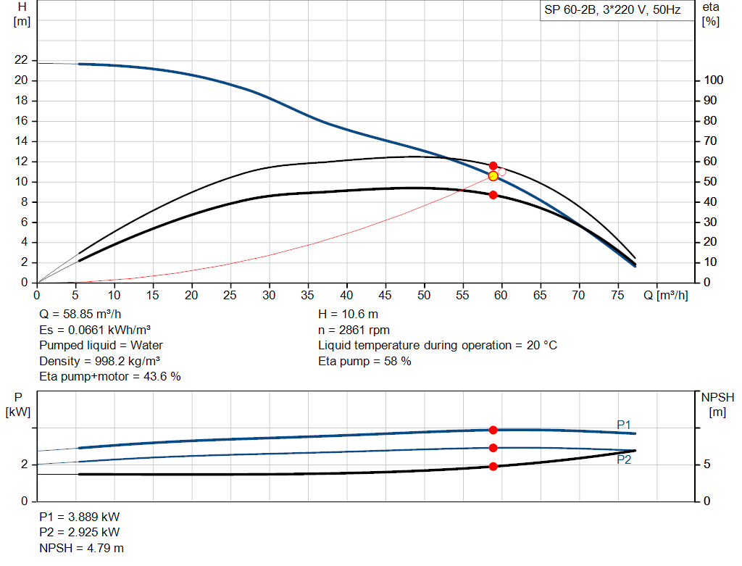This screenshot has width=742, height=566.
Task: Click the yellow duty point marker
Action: [x=493, y=176]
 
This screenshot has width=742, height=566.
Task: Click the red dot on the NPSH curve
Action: [x=493, y=466]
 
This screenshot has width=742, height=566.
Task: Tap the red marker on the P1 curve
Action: [x=493, y=430]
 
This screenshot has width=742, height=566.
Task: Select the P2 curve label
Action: [x=624, y=459]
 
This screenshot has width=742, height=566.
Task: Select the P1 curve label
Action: [x=624, y=424]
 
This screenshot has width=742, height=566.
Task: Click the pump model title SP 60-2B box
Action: [x=613, y=11]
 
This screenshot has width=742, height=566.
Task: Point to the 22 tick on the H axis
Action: [x=21, y=60]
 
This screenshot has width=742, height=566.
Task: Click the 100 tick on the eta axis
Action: [x=714, y=80]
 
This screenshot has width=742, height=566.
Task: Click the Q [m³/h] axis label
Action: [x=664, y=295]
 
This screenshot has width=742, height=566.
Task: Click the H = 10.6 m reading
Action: [x=348, y=315]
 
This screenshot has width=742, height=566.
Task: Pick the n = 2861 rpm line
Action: [x=354, y=330]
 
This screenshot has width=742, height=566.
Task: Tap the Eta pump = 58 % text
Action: [x=364, y=361]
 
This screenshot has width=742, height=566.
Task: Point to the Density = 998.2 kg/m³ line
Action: [x=100, y=361]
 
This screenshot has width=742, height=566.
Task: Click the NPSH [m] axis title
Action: [x=717, y=404]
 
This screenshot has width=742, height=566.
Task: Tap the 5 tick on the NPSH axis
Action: [x=708, y=465]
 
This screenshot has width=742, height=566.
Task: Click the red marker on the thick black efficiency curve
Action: [x=493, y=195]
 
